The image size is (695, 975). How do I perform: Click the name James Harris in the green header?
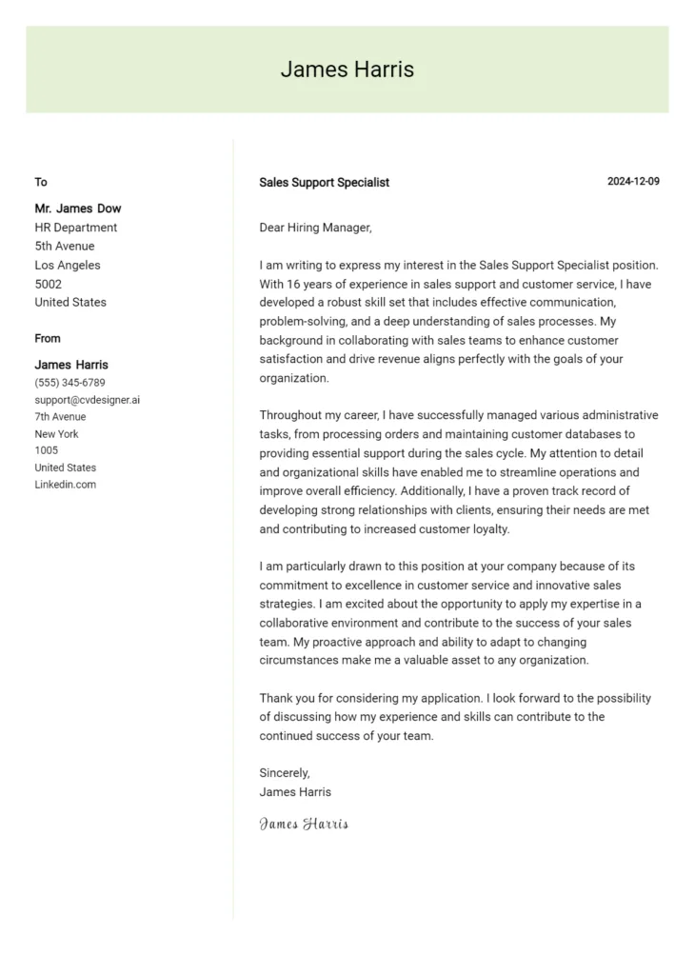pos(347,70)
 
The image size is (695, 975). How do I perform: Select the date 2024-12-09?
pos(633,182)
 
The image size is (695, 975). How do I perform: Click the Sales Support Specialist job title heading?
pos(324,183)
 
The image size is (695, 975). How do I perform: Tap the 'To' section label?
pos(41,182)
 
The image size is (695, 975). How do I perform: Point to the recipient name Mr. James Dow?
pos(78,209)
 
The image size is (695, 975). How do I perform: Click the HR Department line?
pos(76,228)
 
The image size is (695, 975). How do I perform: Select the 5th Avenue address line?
pos(64,247)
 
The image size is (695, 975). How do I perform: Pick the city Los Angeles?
pos(68,266)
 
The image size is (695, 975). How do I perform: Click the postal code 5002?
pos(48,284)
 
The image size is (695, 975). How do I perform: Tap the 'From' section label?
pos(48,338)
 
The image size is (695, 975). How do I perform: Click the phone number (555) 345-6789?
pos(69,383)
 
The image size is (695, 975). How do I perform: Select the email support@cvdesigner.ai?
pos(87,400)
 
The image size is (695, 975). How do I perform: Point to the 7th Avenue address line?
pos(60,417)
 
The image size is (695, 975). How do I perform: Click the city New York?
pos(56,434)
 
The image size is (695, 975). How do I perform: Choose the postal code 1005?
pos(46,450)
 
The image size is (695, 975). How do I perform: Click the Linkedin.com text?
pos(65,485)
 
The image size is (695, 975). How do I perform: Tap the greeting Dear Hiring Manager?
pos(315,228)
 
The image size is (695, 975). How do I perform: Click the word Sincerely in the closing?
pos(285,773)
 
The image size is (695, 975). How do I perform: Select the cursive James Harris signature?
pos(304,825)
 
